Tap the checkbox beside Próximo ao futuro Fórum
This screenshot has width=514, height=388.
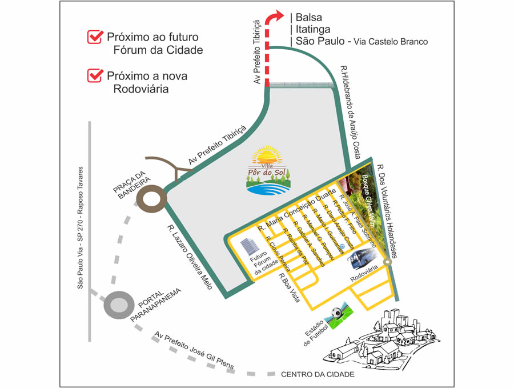[94, 38]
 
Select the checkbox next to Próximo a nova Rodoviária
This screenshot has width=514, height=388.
[94, 75]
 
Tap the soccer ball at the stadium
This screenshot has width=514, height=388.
[336, 313]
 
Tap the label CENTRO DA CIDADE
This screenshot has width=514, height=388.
[318, 375]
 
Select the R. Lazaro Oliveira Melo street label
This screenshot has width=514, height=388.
[190, 257]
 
